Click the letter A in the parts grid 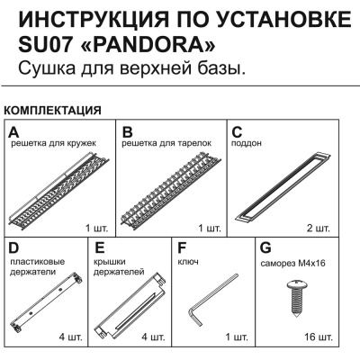(x=13, y=131)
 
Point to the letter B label (x=128, y=131)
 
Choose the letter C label (x=238, y=131)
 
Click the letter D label (x=13, y=247)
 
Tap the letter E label (x=100, y=247)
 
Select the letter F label (x=183, y=247)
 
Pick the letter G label (x=265, y=247)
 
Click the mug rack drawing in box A (x=59, y=189)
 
